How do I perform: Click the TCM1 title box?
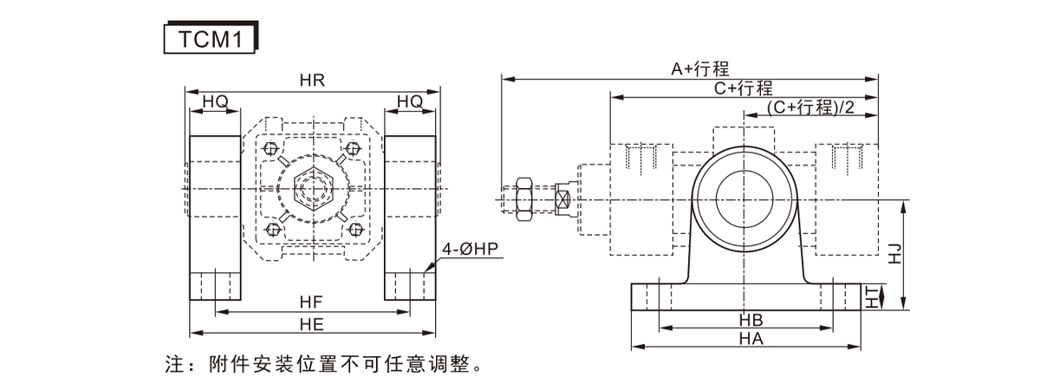click(x=209, y=40)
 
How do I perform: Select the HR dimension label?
click(x=312, y=81)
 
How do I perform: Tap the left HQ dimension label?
click(x=215, y=102)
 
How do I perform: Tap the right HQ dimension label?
click(x=410, y=102)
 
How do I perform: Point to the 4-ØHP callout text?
click(x=471, y=250)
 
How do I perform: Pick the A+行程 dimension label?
click(x=700, y=68)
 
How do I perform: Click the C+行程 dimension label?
click(x=743, y=88)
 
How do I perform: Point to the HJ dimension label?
click(x=895, y=254)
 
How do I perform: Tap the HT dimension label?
click(x=873, y=297)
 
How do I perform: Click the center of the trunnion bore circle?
click(x=743, y=197)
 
